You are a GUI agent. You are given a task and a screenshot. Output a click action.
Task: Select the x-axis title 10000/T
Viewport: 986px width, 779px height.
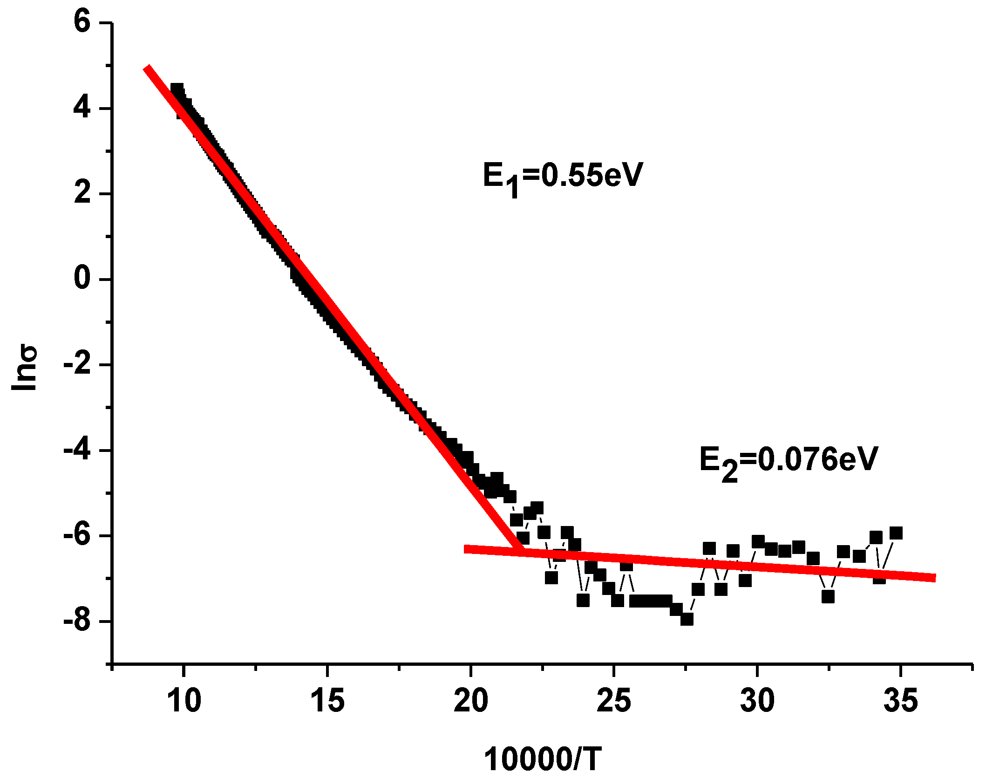(543, 758)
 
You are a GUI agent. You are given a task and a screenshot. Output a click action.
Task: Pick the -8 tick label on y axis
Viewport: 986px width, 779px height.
(77, 621)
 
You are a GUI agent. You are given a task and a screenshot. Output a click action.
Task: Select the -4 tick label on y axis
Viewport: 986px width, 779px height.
(77, 450)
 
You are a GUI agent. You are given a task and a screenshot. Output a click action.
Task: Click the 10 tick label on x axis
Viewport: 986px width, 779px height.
(184, 700)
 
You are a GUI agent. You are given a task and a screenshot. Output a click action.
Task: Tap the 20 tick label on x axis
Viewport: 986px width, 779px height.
(471, 700)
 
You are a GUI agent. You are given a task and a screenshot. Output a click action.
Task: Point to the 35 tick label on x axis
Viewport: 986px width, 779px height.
(900, 700)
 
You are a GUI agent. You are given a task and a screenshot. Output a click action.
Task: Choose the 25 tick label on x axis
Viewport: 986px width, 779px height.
(614, 700)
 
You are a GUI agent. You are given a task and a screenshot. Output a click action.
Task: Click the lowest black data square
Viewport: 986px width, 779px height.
(687, 619)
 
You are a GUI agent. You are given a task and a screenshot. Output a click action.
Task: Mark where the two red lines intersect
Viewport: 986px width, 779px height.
(523, 551)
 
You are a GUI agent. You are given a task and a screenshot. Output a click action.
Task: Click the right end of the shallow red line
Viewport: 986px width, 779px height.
(934, 578)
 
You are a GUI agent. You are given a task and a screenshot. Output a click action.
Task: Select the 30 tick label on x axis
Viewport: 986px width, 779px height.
(757, 700)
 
